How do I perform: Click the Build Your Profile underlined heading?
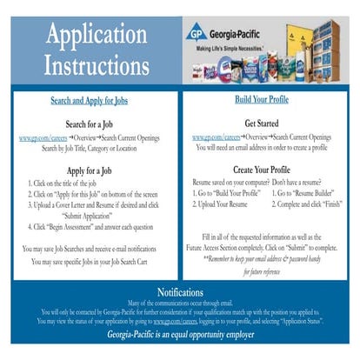(x=268, y=99)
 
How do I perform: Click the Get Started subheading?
(x=268, y=123)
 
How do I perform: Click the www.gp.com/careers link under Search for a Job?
(x=40, y=138)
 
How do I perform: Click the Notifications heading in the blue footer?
(x=180, y=290)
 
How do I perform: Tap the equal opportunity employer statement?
(x=180, y=334)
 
